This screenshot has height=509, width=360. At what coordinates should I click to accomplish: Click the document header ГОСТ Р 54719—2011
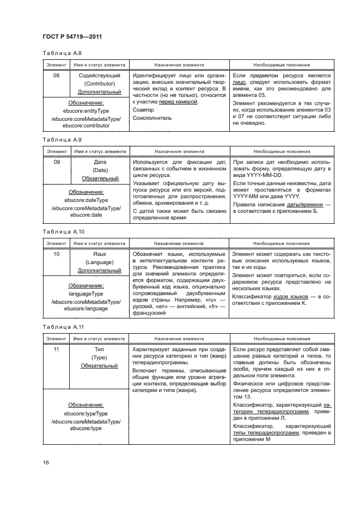(x=72, y=36)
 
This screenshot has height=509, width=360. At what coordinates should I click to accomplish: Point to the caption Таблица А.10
(x=60, y=231)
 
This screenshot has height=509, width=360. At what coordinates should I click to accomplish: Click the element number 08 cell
(x=56, y=76)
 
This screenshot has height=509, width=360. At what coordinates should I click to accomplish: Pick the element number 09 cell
(x=56, y=162)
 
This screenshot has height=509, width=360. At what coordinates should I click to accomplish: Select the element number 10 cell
(x=56, y=254)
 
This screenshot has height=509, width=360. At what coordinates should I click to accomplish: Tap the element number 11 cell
(x=56, y=349)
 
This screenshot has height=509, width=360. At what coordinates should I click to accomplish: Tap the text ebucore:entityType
(x=86, y=110)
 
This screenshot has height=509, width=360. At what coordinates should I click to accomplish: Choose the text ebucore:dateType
(x=86, y=200)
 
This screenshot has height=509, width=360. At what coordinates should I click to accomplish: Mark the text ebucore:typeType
(x=86, y=413)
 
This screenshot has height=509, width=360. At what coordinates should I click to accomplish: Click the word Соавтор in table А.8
(x=143, y=110)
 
